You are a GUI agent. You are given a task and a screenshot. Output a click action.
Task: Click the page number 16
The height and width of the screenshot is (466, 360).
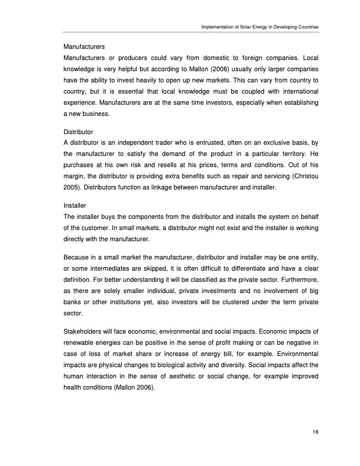[316, 432]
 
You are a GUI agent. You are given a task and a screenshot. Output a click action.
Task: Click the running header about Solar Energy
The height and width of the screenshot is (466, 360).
[260, 27]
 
